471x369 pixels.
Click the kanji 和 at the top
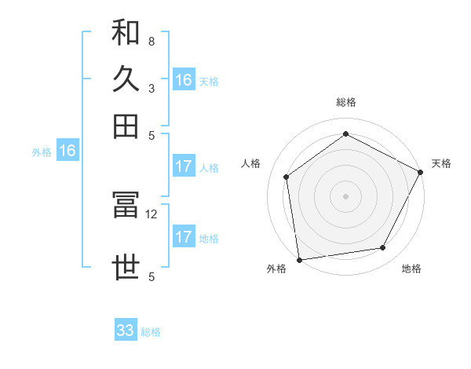[x=126, y=33]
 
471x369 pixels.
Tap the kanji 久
[x=126, y=79]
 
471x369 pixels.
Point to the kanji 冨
[x=126, y=206]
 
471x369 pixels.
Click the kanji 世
[x=126, y=268]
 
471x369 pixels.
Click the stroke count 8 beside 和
[x=151, y=41]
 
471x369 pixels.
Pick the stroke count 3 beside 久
[x=151, y=87]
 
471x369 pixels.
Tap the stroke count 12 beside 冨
[x=152, y=214]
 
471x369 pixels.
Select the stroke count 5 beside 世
[x=151, y=276]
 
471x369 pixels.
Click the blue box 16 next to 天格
[x=184, y=80]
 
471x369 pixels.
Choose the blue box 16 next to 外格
[x=68, y=152]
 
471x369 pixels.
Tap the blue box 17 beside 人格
[x=184, y=166]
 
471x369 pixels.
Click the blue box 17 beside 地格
[x=184, y=237]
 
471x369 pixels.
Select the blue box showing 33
[x=126, y=331]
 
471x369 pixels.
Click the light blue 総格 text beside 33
[x=151, y=332]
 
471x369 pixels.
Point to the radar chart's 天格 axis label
[x=441, y=163]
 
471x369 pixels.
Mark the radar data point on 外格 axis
[x=298, y=259]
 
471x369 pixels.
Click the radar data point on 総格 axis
[x=345, y=133]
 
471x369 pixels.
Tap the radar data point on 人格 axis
[x=287, y=177]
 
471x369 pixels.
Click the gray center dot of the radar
[x=345, y=195]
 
